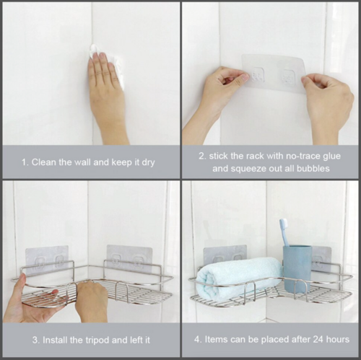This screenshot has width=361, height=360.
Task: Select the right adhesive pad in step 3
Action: [x=130, y=258]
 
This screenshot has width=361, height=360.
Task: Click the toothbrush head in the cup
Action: [x=284, y=228]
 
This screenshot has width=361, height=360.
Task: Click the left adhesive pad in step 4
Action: [x=225, y=256]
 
